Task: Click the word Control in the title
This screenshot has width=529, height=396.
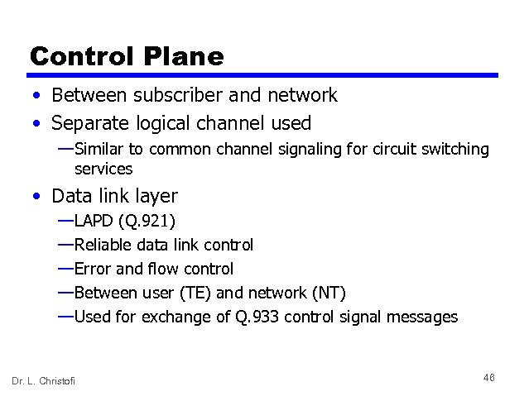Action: pyautogui.click(x=82, y=56)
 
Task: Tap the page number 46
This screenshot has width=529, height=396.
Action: pyautogui.click(x=488, y=377)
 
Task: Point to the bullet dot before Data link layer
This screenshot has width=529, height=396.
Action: pyautogui.click(x=37, y=197)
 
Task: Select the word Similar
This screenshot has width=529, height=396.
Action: pyautogui.click(x=99, y=149)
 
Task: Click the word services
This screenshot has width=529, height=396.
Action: pyautogui.click(x=103, y=169)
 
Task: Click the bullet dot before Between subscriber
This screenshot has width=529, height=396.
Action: pyautogui.click(x=37, y=96)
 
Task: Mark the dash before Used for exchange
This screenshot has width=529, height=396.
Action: pyautogui.click(x=65, y=317)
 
